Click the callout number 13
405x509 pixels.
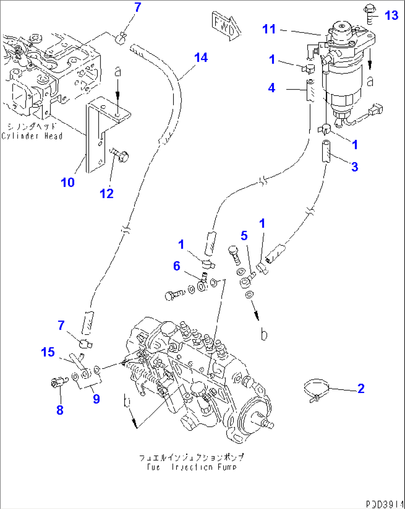point(391,16)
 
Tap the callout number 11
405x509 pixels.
point(269,29)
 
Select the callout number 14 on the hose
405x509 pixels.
point(201,58)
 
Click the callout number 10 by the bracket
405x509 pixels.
point(68,182)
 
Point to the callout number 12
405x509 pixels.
point(107,193)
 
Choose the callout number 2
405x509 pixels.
point(361,389)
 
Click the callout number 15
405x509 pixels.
point(48,352)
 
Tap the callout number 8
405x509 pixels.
point(60,410)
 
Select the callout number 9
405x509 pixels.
point(96,399)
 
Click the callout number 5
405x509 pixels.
point(244,235)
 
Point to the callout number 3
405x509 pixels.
point(354,167)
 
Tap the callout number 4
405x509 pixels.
point(272,88)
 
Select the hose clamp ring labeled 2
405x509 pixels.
point(316,390)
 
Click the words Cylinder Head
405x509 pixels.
point(32,136)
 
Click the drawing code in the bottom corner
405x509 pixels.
point(383,504)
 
